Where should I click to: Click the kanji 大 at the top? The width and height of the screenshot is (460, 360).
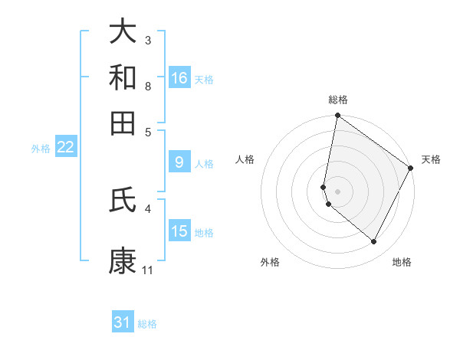coord(123,32)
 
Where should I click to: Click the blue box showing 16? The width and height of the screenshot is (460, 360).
coord(179,78)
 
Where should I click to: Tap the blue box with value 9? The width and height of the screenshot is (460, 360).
coord(179,162)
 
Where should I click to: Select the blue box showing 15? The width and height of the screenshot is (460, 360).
coord(179,231)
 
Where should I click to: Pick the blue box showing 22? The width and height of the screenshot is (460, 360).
coord(65,148)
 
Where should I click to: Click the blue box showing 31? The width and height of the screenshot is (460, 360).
coord(123,322)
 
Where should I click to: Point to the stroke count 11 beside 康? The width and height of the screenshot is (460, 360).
coord(148,270)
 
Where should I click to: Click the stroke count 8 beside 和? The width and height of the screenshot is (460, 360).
coord(148,86)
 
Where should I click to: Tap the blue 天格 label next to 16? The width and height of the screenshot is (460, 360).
coord(204,80)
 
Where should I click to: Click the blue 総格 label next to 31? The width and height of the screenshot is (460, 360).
coord(147,324)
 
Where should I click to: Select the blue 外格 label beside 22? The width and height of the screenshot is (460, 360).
coord(40,149)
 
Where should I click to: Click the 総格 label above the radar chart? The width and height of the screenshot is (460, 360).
coord(338,100)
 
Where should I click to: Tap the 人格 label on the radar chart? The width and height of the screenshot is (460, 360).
coord(245,159)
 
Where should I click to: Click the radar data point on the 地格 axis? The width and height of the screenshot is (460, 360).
coord(374,242)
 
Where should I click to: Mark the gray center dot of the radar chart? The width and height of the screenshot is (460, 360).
coord(337,191)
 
